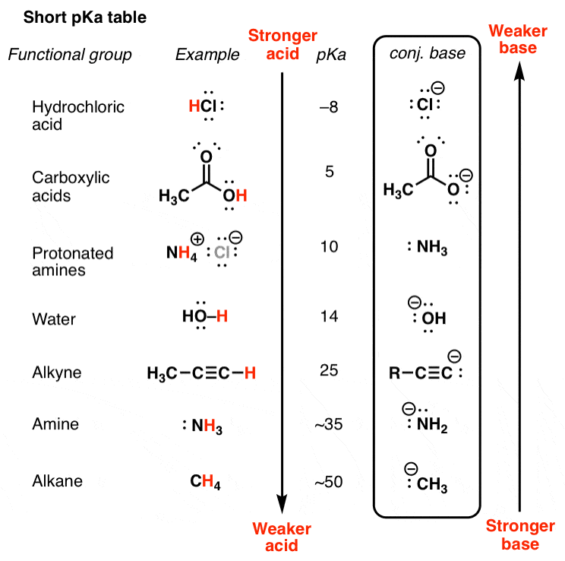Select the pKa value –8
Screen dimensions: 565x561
point(329,106)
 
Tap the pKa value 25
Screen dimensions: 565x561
point(329,372)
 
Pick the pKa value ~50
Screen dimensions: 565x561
point(329,481)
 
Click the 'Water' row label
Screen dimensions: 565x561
point(54,319)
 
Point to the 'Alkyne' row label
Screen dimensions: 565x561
point(56,372)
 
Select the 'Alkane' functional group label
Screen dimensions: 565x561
point(57,481)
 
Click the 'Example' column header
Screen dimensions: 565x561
point(207,55)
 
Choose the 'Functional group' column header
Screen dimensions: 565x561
point(70,55)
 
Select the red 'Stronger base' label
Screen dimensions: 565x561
point(521,534)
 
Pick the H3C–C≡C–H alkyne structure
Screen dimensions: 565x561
point(201,372)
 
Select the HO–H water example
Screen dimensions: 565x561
point(204,319)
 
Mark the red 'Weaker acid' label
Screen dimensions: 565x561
point(282,537)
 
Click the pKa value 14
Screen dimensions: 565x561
point(329,319)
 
